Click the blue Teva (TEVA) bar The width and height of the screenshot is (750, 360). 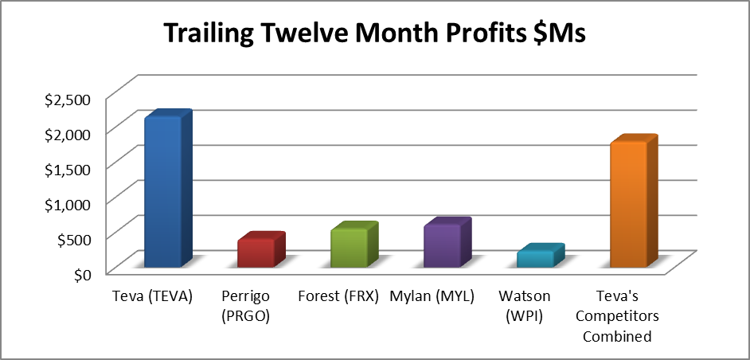click(168, 189)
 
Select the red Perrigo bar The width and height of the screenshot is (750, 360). click(261, 249)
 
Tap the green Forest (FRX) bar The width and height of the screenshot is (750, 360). click(354, 245)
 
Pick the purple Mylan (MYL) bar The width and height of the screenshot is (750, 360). click(447, 242)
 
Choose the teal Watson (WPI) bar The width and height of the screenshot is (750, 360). click(541, 255)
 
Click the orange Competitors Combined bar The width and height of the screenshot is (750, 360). click(635, 201)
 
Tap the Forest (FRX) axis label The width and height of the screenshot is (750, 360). click(338, 296)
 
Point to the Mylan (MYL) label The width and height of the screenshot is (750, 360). click(432, 296)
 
